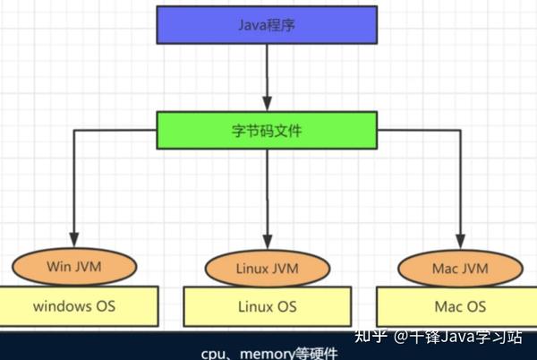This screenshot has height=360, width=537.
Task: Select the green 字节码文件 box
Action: pyautogui.click(x=268, y=131)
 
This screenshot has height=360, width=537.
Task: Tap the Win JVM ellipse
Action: pyautogui.click(x=74, y=266)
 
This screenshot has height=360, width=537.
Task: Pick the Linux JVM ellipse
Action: pyautogui.click(x=268, y=269)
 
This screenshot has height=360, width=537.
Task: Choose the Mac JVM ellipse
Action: pyautogui.click(x=460, y=266)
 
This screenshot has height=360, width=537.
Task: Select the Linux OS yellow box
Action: pyautogui.click(x=268, y=306)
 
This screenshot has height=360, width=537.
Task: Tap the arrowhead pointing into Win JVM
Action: pyautogui.click(x=74, y=240)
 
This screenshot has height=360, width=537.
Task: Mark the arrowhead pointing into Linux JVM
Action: pyautogui.click(x=268, y=243)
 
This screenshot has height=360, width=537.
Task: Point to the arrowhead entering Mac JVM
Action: pyautogui.click(x=460, y=240)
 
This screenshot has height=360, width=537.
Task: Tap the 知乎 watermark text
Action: pyautogui.click(x=371, y=337)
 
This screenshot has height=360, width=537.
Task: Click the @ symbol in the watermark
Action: pyautogui.click(x=400, y=338)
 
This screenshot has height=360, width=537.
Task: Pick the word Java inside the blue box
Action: pyautogui.click(x=254, y=25)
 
